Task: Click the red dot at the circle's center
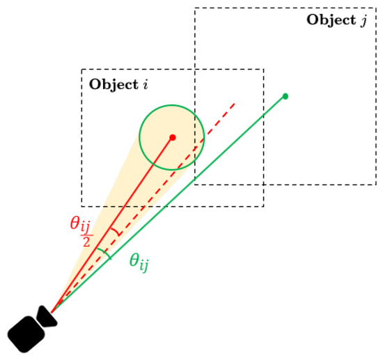[x=173, y=137]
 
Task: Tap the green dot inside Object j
[x=286, y=96]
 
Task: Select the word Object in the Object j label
[x=331, y=19]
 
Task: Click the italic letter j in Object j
[x=364, y=20]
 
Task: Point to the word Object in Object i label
[x=114, y=85]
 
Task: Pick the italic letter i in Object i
[x=146, y=84]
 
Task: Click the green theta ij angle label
[x=139, y=263]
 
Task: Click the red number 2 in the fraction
[x=86, y=242]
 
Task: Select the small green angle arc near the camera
[x=104, y=253]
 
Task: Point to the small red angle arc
[x=116, y=232]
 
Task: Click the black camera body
[x=26, y=334]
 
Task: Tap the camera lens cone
[x=47, y=317]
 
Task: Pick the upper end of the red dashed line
[x=235, y=104]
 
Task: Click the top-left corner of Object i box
[x=82, y=70]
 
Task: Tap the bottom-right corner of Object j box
[x=376, y=185]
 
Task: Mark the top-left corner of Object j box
[x=195, y=8]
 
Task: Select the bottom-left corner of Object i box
[x=82, y=206]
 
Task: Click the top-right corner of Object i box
[x=263, y=70]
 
